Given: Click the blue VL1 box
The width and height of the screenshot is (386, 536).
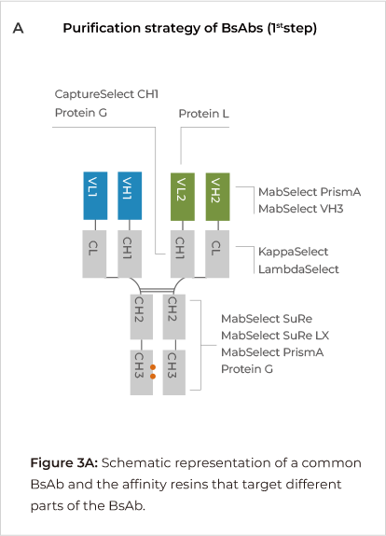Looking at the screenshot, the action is tap(95, 196).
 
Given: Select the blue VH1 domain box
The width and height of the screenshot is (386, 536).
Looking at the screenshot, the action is tap(130, 196).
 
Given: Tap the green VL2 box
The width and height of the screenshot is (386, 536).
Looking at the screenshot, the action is tap(183, 197).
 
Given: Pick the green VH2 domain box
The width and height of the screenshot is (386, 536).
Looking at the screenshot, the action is tap(218, 197).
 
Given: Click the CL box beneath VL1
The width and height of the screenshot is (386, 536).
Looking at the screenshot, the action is tap(94, 254).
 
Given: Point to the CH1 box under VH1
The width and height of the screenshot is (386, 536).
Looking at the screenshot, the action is tap(130, 254).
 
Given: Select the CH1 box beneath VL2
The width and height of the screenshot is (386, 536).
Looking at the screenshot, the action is tap(183, 254).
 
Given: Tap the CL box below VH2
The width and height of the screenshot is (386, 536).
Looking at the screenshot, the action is tap(217, 254).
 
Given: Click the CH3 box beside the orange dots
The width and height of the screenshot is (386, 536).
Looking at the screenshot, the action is tap(141, 372).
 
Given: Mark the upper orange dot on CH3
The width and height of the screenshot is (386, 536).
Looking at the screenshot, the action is tap(153, 367).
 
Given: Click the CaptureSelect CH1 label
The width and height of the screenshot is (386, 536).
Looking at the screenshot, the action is tap(106, 94).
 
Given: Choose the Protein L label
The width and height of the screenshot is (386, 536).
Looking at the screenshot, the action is tap(204, 114).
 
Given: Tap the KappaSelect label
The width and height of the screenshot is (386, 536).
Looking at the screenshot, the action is tap(293, 252).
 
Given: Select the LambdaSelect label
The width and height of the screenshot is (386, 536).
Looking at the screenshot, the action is tap(298, 269).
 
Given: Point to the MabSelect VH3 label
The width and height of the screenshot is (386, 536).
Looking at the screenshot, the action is tap(300, 209).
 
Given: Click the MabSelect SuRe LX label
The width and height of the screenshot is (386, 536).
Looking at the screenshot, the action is tap(275, 336).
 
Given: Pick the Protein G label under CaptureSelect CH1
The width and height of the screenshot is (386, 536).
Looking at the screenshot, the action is tap(81, 113).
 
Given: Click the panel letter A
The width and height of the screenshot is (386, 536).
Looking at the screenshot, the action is tap(18, 28).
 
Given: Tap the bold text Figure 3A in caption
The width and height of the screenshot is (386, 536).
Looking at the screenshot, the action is tap(64, 463).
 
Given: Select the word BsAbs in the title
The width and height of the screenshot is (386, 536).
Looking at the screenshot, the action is tap(242, 28).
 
